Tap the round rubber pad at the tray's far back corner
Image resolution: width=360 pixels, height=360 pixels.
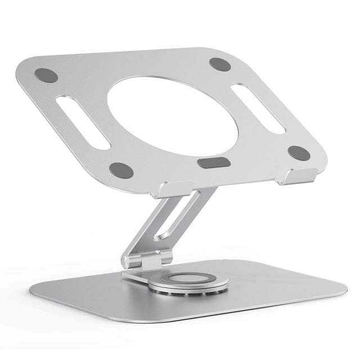220,64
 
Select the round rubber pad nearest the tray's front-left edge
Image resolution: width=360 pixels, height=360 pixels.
121,169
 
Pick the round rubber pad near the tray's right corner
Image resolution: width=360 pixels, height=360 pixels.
299,152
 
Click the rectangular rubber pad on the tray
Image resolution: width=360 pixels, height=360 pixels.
214,163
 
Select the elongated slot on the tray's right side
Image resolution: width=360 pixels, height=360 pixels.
258,109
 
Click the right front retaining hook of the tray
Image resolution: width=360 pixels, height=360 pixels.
292,177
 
